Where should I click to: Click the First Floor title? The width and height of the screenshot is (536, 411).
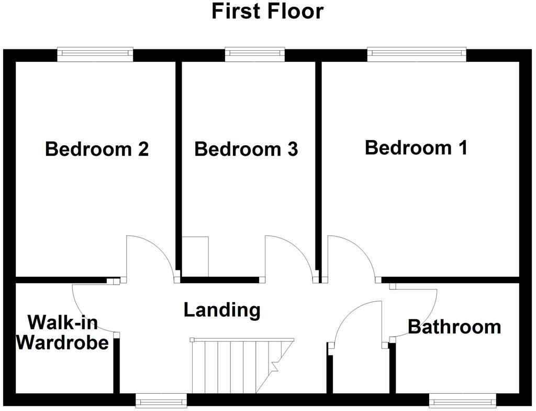point(267,11)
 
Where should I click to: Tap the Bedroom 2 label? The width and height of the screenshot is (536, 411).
point(97,149)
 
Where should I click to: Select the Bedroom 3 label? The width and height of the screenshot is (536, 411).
point(246,149)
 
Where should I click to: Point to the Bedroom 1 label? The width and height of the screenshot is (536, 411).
point(416,147)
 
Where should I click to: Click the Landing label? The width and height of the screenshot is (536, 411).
point(222,310)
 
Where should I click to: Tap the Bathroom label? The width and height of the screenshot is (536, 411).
point(454,327)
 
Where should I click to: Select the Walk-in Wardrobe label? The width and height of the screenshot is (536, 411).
point(62,332)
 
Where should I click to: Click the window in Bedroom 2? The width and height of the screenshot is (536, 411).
point(95,53)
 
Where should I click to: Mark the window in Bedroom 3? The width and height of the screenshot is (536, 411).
point(255,53)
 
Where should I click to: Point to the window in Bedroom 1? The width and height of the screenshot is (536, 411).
point(417,53)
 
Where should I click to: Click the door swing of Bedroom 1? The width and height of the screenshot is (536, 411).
point(348,257)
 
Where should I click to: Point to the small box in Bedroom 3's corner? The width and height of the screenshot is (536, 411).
point(195,256)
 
